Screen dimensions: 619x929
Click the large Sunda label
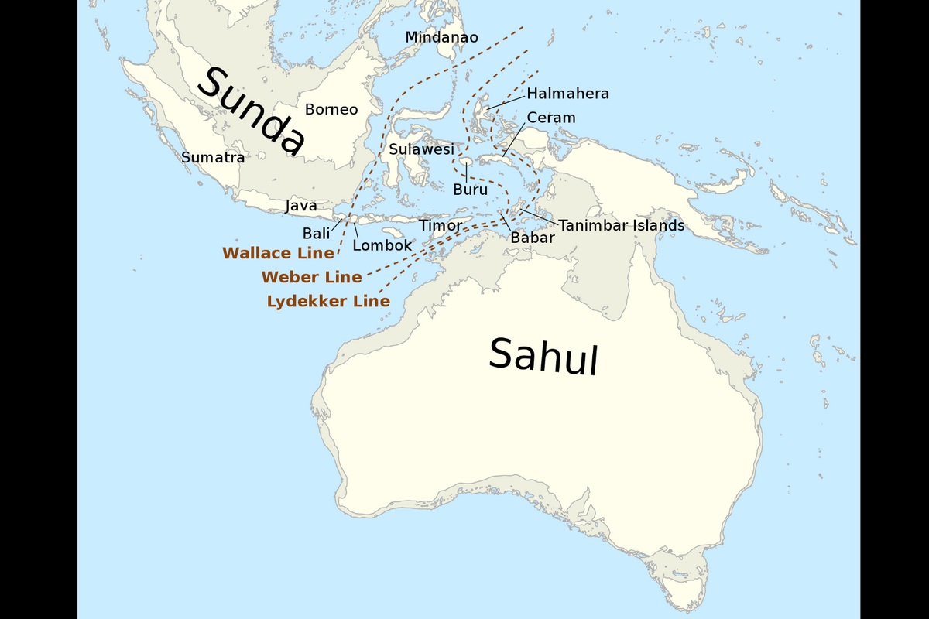click(252, 109)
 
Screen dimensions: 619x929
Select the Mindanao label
click(441, 37)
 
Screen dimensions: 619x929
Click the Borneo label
click(331, 109)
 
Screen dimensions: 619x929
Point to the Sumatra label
click(213, 158)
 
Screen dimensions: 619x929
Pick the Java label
click(301, 207)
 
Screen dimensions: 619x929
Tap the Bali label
click(316, 233)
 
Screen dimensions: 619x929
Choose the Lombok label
click(382, 245)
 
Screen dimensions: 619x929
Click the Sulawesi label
click(421, 149)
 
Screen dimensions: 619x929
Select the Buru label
click(470, 190)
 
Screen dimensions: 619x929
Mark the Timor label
click(441, 225)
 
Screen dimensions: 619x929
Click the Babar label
click(532, 238)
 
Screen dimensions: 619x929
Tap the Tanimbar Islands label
click(622, 225)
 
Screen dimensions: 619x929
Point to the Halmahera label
click(567, 94)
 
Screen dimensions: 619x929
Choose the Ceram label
click(551, 118)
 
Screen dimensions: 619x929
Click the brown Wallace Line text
click(278, 253)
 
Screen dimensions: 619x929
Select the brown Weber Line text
click(311, 277)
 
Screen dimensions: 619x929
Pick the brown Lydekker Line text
click(328, 302)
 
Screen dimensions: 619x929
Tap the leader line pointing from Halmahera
click(505, 101)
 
